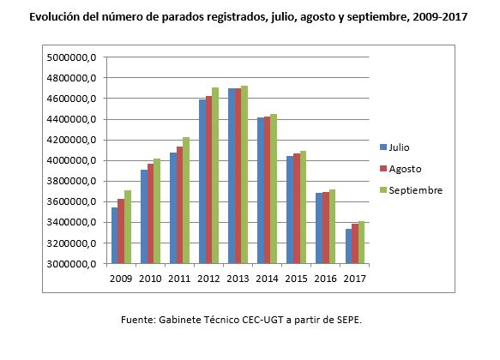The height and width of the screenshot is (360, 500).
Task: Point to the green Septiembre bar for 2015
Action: [x=303, y=207]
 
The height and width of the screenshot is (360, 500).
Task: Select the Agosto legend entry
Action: [x=403, y=169]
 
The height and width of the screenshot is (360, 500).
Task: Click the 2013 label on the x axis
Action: [x=237, y=279]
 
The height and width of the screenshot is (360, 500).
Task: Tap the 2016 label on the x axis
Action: [x=324, y=279]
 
